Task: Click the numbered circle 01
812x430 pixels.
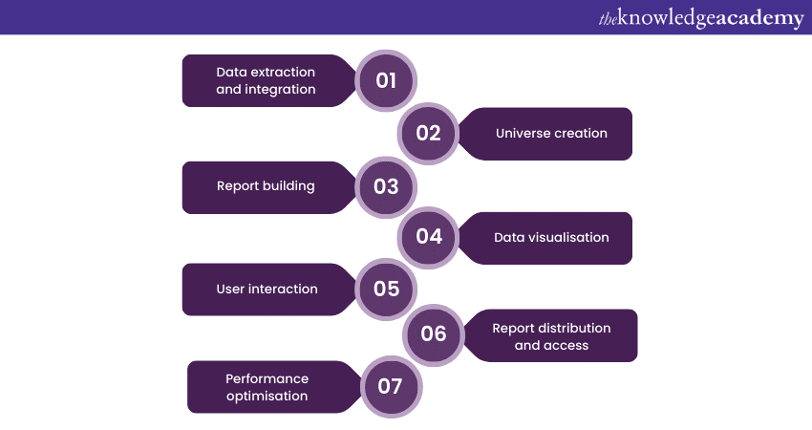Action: pyautogui.click(x=386, y=80)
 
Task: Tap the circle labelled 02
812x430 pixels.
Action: pyautogui.click(x=428, y=133)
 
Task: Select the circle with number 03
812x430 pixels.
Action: pyautogui.click(x=386, y=186)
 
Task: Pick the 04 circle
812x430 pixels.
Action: pyautogui.click(x=429, y=237)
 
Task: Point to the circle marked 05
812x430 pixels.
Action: pyautogui.click(x=386, y=289)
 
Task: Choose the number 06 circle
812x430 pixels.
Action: pyautogui.click(x=434, y=333)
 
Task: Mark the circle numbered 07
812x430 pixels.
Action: pyautogui.click(x=390, y=386)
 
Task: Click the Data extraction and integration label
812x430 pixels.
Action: pyautogui.click(x=266, y=80)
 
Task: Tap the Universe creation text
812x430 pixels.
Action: pyautogui.click(x=551, y=133)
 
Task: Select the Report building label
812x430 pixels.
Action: pyautogui.click(x=266, y=185)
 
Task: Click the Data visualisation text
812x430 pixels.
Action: pyautogui.click(x=551, y=237)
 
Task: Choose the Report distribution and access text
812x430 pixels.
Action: pyautogui.click(x=551, y=335)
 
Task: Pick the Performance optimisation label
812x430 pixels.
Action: pyautogui.click(x=267, y=387)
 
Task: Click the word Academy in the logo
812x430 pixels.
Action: pyautogui.click(x=755, y=18)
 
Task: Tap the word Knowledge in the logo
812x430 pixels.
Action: pyautogui.click(x=665, y=18)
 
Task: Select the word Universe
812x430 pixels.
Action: pyautogui.click(x=523, y=133)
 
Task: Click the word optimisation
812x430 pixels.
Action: pyautogui.click(x=267, y=396)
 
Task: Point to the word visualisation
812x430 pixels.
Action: pyautogui.click(x=568, y=237)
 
